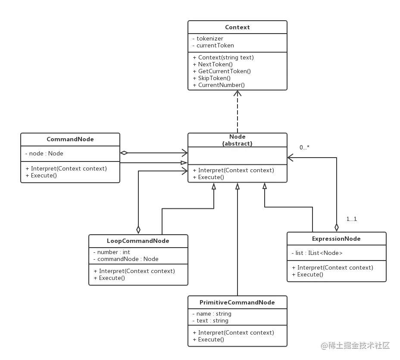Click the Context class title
point(237,27)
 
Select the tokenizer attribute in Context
point(210,38)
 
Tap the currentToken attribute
point(215,45)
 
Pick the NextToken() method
point(215,64)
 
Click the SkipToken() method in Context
point(214,78)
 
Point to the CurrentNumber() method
point(221,85)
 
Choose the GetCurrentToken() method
point(224,71)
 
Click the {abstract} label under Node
point(237,143)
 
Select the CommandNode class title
point(70,139)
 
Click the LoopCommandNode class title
point(138,241)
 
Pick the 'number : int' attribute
point(113,252)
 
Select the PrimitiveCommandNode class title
point(237,302)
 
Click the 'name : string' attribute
point(214,313)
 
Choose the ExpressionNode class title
point(336,239)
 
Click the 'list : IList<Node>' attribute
point(319,253)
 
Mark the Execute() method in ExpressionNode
point(310,274)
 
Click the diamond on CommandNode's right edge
point(124,152)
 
